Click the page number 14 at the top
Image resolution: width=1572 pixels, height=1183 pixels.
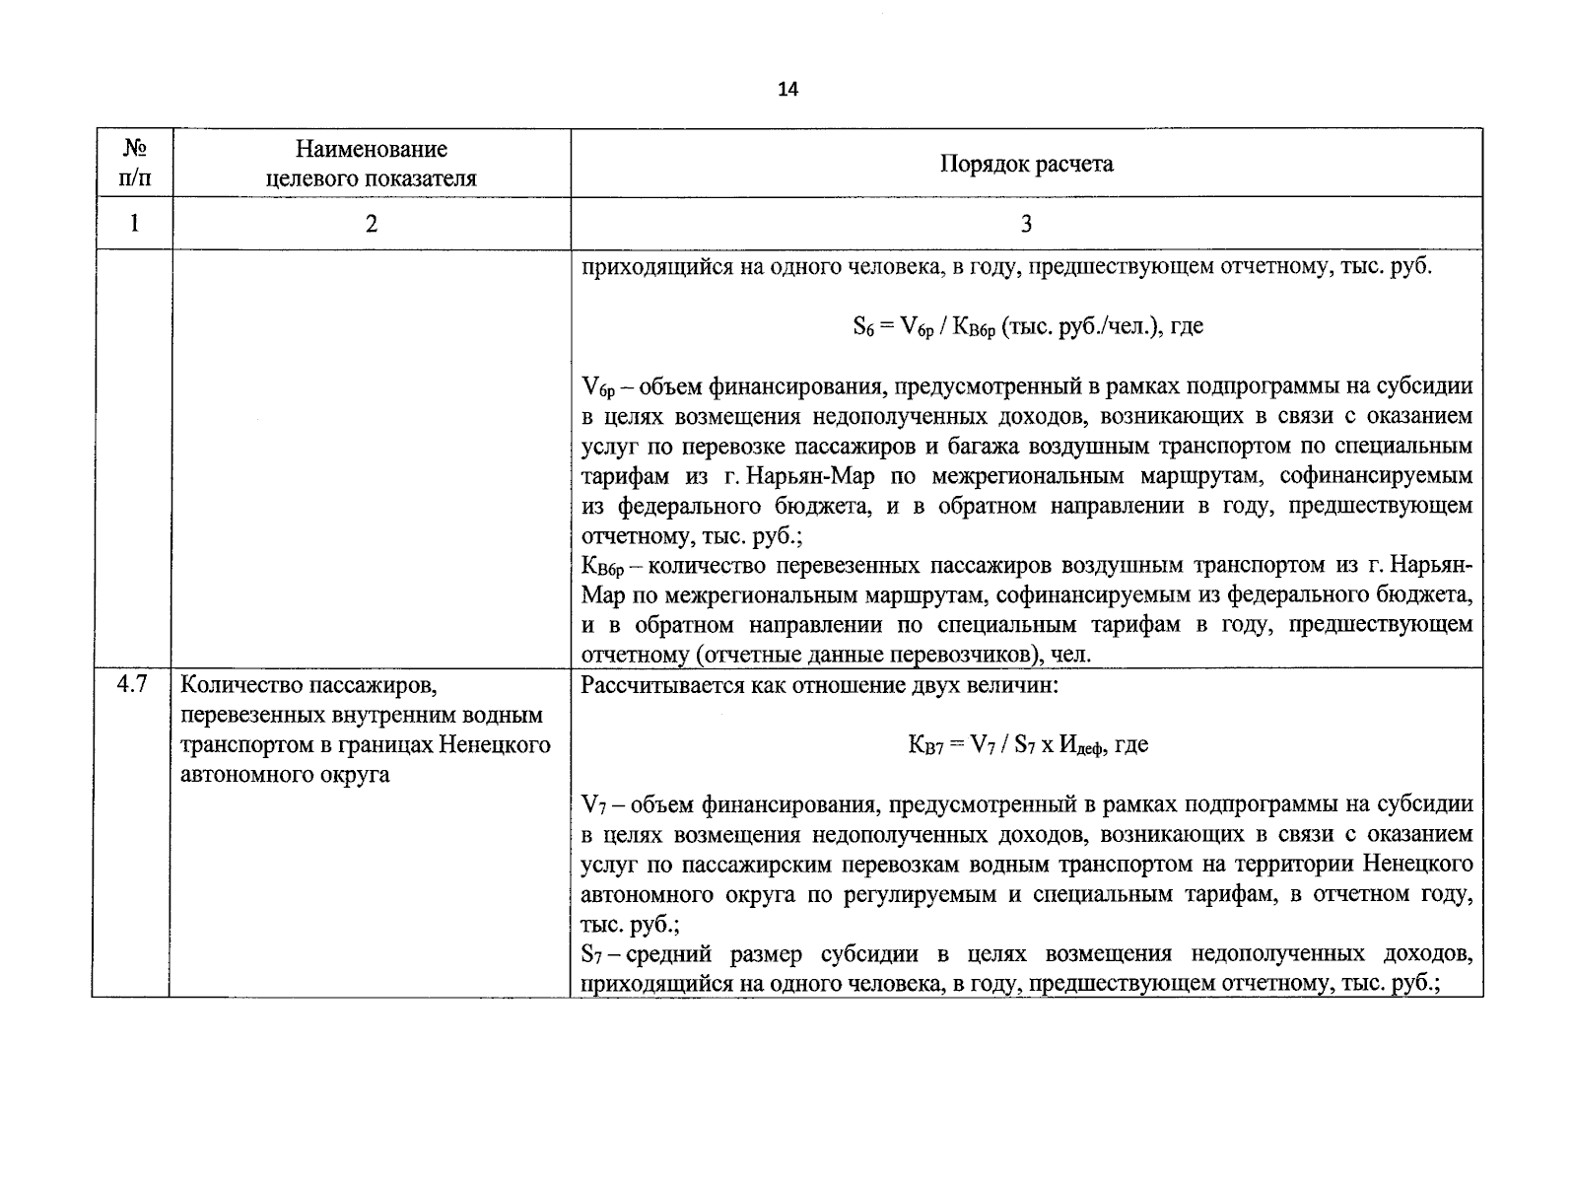[787, 90]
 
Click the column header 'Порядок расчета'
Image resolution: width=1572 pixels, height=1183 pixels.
[1026, 164]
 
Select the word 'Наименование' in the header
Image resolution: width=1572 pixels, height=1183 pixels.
[371, 149]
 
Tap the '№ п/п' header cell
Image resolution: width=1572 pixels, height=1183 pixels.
[134, 164]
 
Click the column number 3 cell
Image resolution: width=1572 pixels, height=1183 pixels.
[1026, 224]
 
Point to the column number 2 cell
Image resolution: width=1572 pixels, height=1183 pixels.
[371, 224]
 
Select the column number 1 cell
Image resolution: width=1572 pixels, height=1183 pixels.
[134, 224]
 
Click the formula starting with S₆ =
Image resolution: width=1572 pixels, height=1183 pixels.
[1027, 326]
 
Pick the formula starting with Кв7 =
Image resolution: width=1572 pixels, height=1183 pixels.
[1027, 745]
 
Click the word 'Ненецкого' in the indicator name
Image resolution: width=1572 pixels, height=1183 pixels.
[498, 744]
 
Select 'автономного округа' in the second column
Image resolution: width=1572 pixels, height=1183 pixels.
[286, 774]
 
